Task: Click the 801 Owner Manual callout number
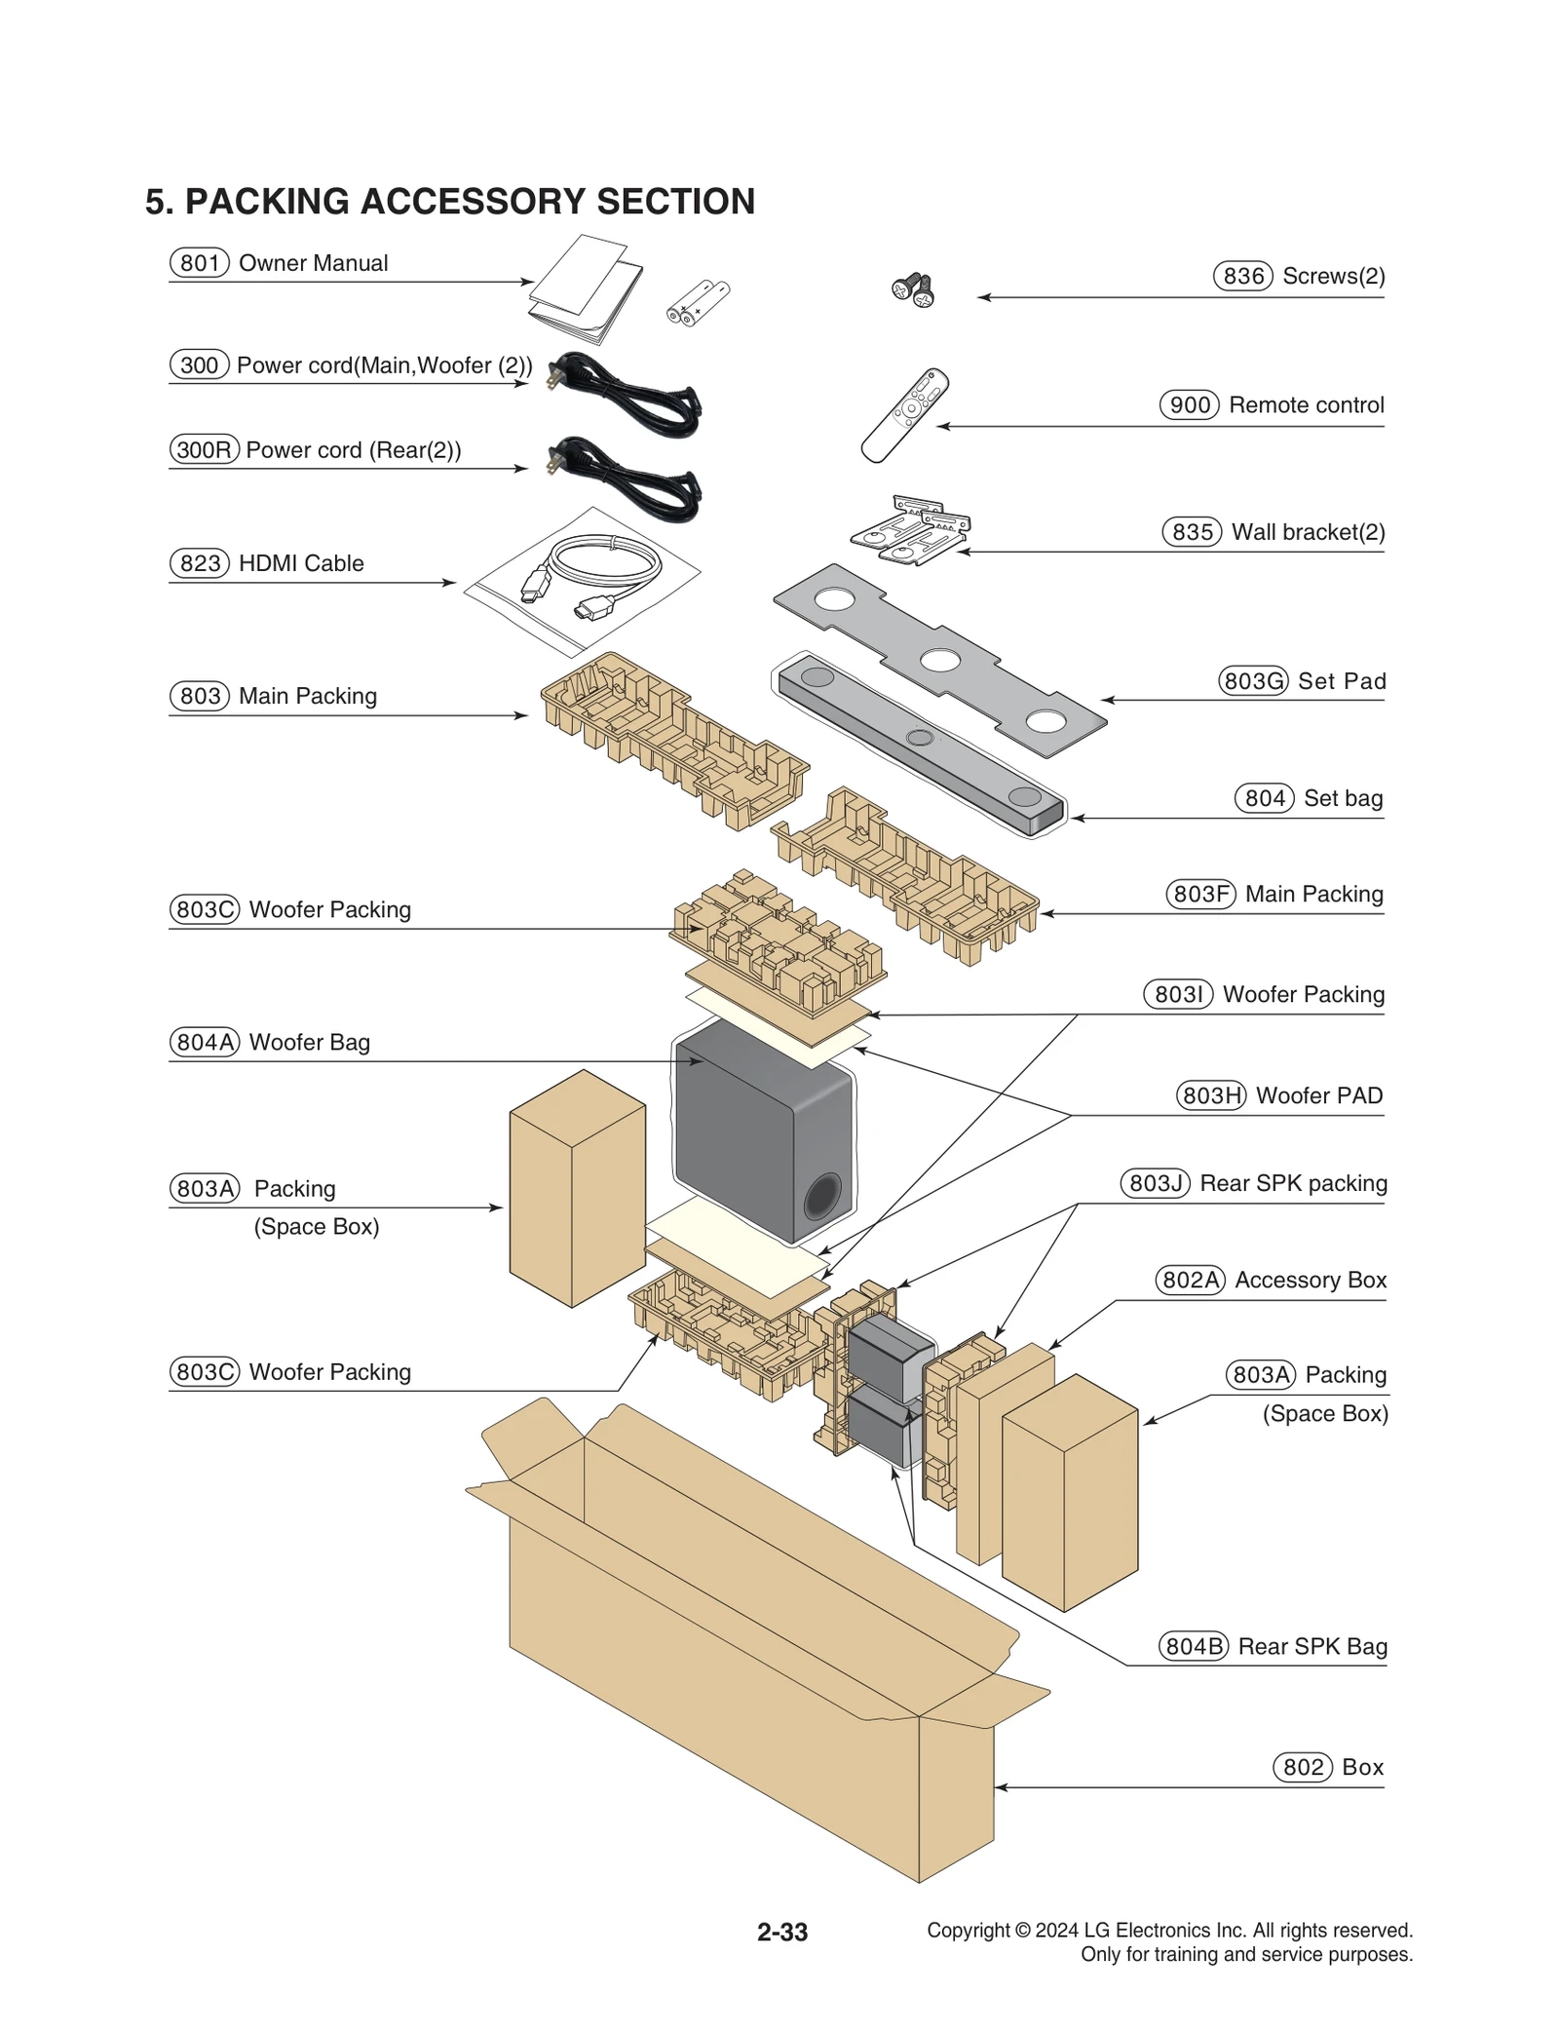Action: coord(199,263)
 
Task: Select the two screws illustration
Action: coord(913,289)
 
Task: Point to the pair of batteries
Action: coord(698,302)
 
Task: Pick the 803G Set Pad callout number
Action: coord(1252,680)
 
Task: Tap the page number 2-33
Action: coord(781,1932)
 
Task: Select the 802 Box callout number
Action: coord(1302,1767)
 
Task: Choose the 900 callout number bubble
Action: coord(1189,404)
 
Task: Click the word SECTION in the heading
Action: coord(675,202)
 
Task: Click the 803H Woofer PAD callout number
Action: coord(1210,1095)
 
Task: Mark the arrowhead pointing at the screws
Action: coord(983,297)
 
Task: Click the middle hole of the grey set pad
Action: coord(939,660)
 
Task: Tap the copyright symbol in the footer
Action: coord(1022,1930)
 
